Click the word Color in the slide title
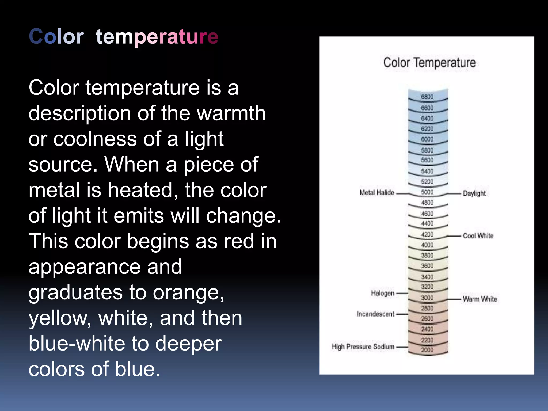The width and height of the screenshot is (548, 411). [56, 36]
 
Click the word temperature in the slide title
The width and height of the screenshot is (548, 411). [157, 36]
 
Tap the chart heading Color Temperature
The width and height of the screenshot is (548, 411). [429, 63]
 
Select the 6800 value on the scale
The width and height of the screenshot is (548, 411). [427, 97]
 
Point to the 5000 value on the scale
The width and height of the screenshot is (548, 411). [427, 192]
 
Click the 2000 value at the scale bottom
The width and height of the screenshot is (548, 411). [427, 350]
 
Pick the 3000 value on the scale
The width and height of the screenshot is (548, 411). [427, 298]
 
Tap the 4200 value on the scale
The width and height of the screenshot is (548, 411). [427, 234]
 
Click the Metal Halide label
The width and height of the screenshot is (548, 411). [377, 193]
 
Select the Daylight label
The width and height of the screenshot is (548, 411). [474, 193]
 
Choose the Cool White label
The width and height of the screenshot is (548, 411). [478, 236]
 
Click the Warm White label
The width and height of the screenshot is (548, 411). [480, 299]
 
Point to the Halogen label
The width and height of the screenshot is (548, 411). [383, 293]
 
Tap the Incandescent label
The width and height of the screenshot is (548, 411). [375, 314]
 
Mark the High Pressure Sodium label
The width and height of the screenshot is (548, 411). [363, 347]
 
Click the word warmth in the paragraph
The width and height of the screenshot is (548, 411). [231, 113]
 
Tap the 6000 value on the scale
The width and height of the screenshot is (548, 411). [427, 139]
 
